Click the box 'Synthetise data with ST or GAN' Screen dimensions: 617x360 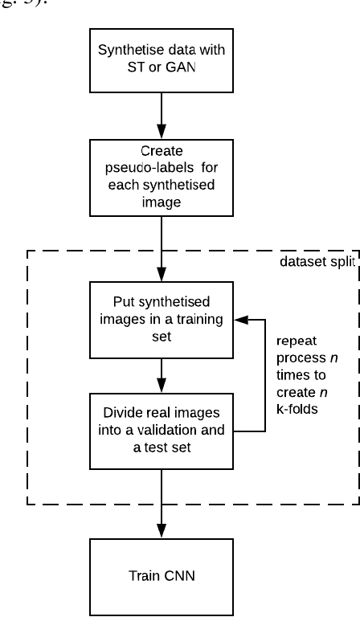[x=162, y=61]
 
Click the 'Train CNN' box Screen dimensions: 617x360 [x=162, y=576]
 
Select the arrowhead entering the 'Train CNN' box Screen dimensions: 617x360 [x=162, y=531]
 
